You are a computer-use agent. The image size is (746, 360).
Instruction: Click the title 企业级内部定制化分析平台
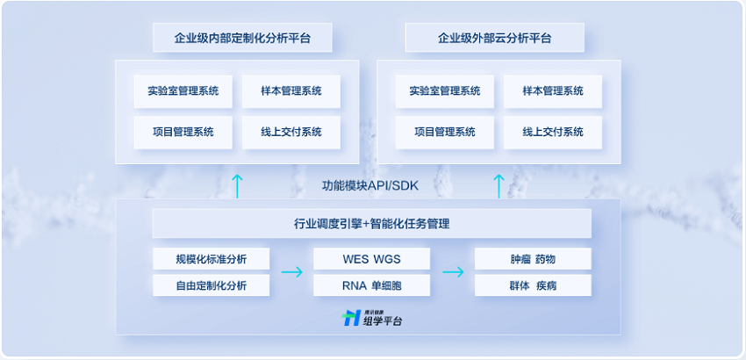(x=242, y=38)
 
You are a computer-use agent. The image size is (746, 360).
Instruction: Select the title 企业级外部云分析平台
(x=494, y=38)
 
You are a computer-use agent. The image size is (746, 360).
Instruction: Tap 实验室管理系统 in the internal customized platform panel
(x=183, y=91)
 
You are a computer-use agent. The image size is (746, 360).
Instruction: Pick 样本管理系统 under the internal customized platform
(x=291, y=91)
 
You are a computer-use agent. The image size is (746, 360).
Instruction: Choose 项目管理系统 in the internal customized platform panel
(x=183, y=132)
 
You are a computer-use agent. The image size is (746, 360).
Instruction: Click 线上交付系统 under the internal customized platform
(x=291, y=132)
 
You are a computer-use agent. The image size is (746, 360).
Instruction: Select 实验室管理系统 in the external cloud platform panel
(x=445, y=91)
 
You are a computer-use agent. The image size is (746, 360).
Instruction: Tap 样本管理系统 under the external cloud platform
(x=553, y=91)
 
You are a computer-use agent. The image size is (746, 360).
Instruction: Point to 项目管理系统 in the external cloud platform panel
(x=445, y=132)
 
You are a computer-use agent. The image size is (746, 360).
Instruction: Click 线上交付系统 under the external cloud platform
(x=553, y=132)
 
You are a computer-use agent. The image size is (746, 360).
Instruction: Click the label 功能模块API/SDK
(x=370, y=186)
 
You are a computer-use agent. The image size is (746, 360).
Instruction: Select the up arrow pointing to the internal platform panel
(x=237, y=186)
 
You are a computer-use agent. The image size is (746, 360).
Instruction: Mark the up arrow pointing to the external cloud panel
(x=499, y=186)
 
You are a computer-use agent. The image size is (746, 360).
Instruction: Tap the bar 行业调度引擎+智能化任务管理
(x=371, y=223)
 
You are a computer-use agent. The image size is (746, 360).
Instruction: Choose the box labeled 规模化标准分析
(x=212, y=259)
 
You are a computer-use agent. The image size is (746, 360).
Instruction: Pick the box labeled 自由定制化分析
(x=212, y=285)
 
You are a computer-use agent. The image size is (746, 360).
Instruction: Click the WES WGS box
(x=372, y=259)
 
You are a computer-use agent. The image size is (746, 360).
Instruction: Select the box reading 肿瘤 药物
(x=533, y=259)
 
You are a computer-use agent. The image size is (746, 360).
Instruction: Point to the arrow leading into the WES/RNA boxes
(x=291, y=272)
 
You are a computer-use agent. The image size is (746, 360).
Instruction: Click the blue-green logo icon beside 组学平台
(x=351, y=318)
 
